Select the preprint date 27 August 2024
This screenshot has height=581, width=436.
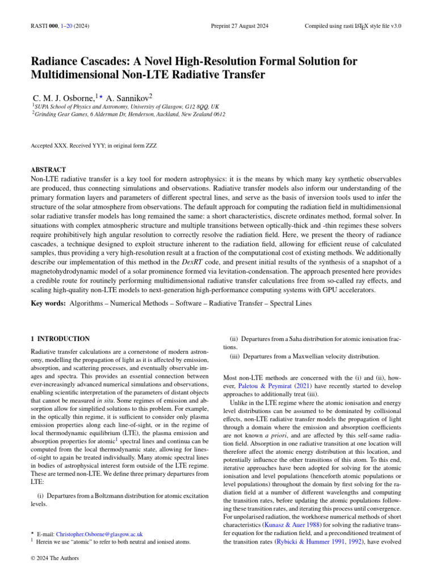pyautogui.click(x=239, y=26)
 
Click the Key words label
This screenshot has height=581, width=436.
pyautogui.click(x=48, y=304)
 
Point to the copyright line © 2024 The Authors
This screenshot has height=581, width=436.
pyautogui.click(x=54, y=558)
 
